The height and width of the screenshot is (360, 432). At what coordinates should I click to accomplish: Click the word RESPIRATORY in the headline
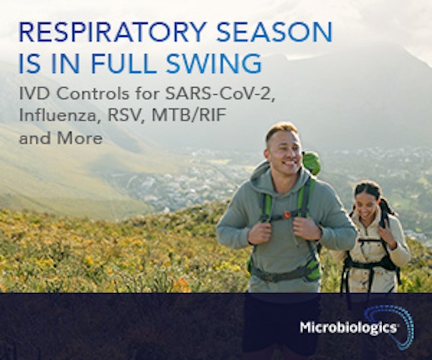(x=113, y=32)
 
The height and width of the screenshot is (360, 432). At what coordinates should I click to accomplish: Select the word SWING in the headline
(x=214, y=64)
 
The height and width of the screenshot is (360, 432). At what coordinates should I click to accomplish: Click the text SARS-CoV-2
(x=220, y=94)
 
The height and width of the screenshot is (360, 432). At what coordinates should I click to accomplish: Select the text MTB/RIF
(x=189, y=116)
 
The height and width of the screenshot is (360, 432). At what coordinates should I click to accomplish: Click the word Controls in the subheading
(x=92, y=94)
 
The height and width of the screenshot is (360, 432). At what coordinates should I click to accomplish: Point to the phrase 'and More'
(x=60, y=137)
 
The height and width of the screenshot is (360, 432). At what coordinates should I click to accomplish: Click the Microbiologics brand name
(x=348, y=327)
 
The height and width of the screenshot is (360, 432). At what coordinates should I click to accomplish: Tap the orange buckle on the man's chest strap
(x=288, y=214)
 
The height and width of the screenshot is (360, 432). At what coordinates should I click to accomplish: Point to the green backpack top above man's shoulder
(x=311, y=163)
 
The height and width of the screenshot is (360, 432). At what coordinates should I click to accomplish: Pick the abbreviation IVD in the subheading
(x=35, y=94)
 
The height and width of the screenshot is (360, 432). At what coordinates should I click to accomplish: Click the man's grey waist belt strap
(x=284, y=274)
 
